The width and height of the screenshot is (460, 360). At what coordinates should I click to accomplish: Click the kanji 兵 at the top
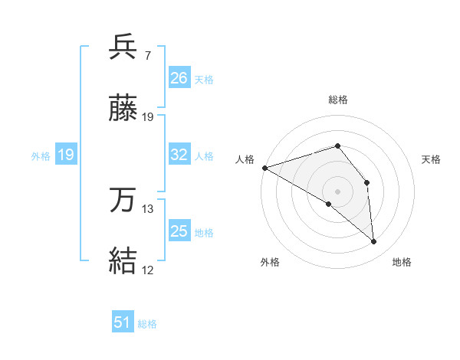point(123,48)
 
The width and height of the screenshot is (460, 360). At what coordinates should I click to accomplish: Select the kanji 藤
point(123,110)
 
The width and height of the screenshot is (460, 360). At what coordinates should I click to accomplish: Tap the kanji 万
point(123,201)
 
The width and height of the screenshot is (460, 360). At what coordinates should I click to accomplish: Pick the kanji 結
point(123,261)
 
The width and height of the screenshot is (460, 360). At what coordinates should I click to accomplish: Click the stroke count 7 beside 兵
point(147,56)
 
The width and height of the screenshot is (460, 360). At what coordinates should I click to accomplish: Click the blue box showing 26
point(179,77)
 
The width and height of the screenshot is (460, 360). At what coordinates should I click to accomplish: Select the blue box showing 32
point(179,155)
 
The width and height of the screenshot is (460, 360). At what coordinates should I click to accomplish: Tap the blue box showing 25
point(179,231)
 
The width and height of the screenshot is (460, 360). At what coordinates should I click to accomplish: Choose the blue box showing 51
point(123,322)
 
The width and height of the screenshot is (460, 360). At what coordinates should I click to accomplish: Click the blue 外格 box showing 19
point(66,155)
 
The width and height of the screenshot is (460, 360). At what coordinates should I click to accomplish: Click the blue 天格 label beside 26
point(204,79)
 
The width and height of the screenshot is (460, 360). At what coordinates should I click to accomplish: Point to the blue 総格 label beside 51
point(147,324)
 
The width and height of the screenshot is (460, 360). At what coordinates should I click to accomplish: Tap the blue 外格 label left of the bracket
point(41,156)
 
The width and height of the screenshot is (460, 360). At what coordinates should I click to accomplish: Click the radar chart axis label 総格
point(338,100)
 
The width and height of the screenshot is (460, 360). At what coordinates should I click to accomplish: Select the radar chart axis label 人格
point(245,159)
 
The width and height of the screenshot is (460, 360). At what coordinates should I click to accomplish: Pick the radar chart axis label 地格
point(402,262)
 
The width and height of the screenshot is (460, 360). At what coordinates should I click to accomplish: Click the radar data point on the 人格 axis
point(264,168)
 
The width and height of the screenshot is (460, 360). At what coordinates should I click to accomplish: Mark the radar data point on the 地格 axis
point(374,241)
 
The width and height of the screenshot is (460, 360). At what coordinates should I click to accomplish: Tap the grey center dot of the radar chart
point(338,191)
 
